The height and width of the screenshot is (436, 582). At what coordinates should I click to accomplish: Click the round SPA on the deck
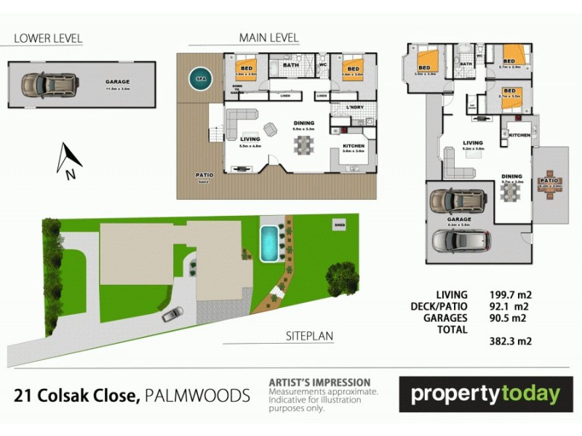[x=198, y=76]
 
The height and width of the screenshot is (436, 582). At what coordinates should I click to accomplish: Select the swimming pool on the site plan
[x=269, y=241]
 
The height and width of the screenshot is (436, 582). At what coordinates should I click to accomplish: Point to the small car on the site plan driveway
[x=172, y=314]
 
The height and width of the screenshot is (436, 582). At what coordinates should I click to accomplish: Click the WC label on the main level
[x=323, y=64]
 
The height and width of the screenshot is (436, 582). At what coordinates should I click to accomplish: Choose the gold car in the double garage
[x=458, y=200]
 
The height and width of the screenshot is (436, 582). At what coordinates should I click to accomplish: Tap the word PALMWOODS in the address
[x=197, y=396]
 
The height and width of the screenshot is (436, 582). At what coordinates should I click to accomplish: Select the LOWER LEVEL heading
[x=48, y=38]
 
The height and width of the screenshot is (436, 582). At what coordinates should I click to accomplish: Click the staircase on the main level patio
[x=215, y=135]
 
